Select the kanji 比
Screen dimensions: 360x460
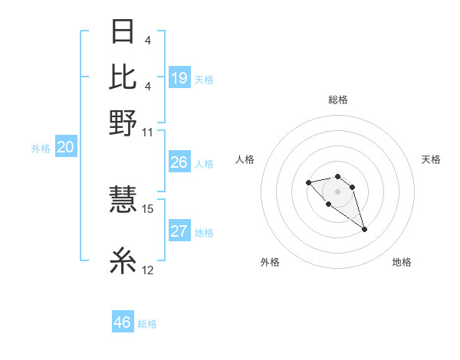123,76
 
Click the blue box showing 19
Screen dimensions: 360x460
179,77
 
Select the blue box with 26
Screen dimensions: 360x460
179,162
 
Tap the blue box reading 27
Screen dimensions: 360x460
179,232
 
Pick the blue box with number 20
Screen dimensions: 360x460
64,148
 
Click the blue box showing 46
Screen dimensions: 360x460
122,322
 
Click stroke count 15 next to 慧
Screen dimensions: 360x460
148,208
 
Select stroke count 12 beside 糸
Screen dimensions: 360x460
148,270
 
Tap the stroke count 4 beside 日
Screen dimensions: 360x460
146,40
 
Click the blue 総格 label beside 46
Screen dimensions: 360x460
147,324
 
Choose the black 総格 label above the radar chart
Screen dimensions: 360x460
337,100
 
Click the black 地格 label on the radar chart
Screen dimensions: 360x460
402,262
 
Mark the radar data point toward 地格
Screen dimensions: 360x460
364,229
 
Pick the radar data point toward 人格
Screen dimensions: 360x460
308,182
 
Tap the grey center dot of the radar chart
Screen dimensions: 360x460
337,191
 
